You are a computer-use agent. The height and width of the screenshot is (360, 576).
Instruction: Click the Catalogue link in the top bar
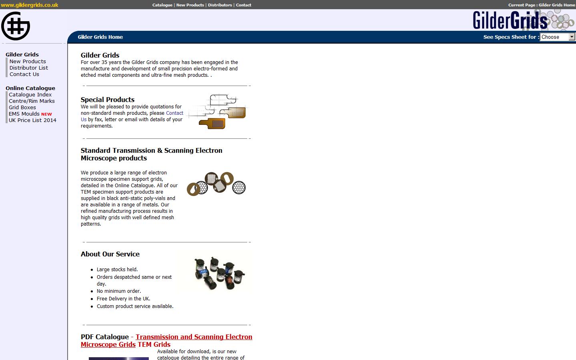162,5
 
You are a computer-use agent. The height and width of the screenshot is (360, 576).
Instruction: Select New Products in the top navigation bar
190,5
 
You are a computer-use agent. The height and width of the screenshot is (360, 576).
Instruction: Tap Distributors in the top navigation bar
220,5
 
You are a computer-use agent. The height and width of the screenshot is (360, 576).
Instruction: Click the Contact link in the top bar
244,5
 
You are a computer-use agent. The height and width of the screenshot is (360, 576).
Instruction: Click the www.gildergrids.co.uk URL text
30,5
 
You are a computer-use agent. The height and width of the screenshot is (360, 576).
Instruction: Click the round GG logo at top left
16,26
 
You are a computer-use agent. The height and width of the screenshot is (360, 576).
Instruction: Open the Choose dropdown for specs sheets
557,37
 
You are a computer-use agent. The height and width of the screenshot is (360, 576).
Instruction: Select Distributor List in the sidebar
29,68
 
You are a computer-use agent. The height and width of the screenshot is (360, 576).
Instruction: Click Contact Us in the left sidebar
24,74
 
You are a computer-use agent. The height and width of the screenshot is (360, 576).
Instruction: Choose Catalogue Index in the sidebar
30,94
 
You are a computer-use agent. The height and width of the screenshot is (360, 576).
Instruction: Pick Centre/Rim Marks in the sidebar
32,101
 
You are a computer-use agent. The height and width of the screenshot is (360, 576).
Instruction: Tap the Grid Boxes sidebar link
22,107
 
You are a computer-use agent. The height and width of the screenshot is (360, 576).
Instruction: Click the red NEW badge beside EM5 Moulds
46,114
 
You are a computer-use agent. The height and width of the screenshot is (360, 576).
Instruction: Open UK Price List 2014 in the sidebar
32,120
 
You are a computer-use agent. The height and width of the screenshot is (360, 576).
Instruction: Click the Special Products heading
108,100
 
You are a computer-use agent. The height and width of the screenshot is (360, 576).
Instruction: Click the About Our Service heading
110,254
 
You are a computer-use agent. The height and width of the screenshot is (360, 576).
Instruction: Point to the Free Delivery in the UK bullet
124,298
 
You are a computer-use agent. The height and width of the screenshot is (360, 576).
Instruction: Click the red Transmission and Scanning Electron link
194,337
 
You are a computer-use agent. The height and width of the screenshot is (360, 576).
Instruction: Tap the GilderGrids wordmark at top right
510,20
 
